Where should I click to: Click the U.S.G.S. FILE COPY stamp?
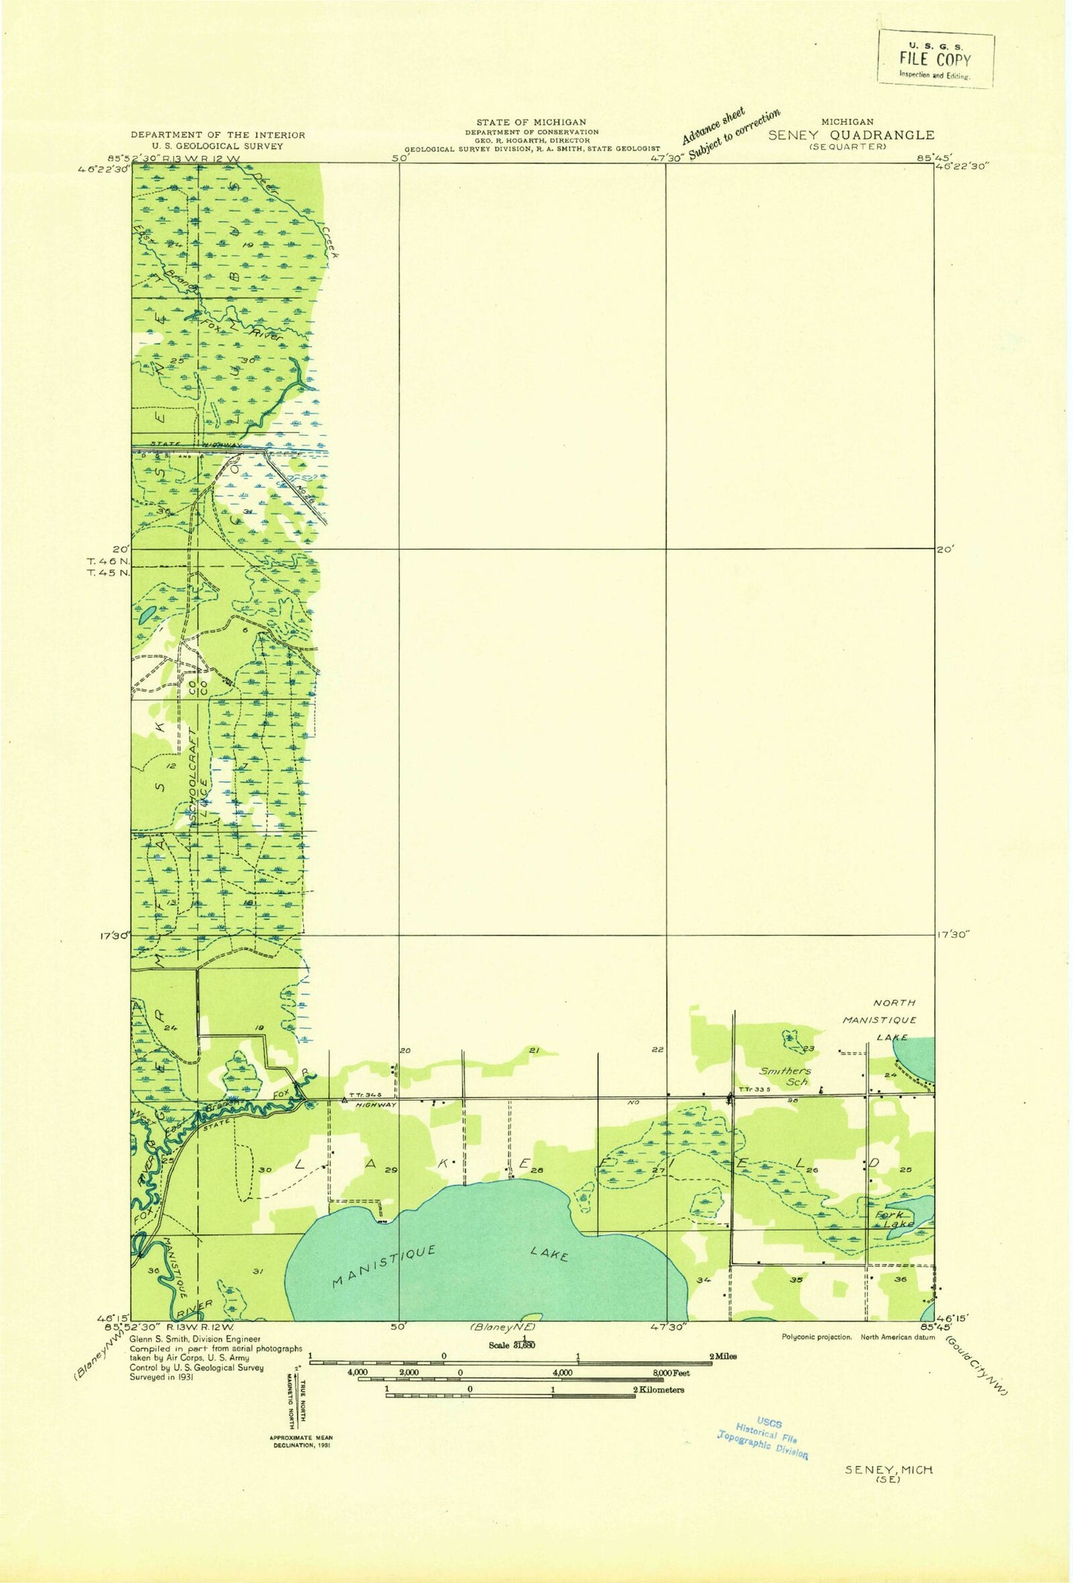coord(935,58)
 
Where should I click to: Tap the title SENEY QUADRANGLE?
coord(851,135)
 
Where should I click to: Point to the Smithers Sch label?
coord(786,1075)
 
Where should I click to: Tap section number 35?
coord(797,1280)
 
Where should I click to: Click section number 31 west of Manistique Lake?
coord(258,1271)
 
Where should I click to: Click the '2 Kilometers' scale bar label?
coord(658,1390)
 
